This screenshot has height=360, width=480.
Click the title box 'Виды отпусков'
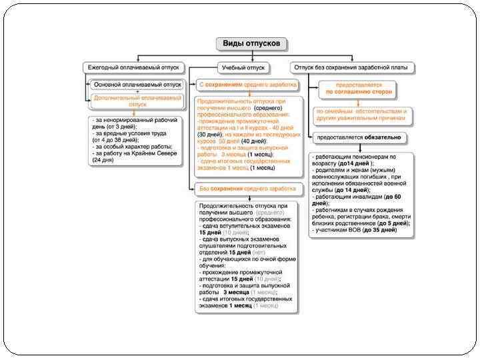point(252,44)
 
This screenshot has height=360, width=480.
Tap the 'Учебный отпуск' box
point(243,67)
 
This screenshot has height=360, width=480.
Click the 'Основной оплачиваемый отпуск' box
point(137,85)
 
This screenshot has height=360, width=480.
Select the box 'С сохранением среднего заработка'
point(248,85)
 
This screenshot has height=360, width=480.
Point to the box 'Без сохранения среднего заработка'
point(247,189)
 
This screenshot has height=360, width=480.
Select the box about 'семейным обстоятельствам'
point(361,114)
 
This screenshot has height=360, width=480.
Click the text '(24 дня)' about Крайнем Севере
point(103,161)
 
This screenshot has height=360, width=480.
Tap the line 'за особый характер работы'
point(132,147)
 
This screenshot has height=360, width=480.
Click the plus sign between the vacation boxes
point(137,93)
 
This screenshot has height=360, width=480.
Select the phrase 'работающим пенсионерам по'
point(353,157)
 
